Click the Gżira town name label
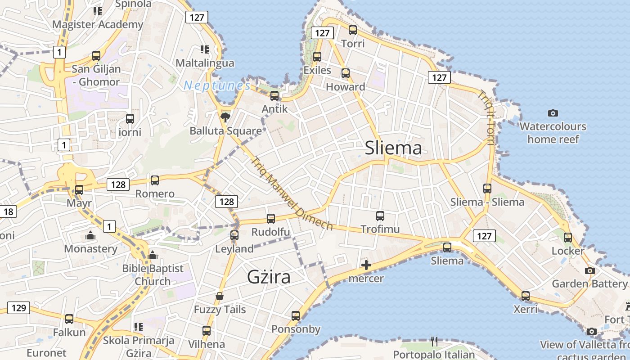(x=268, y=277)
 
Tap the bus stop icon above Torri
(x=353, y=30)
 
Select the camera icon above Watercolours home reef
(x=553, y=113)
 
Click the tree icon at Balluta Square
(x=225, y=118)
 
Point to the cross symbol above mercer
(x=366, y=265)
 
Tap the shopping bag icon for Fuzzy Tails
(x=220, y=296)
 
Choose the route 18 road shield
(x=8, y=211)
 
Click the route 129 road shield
(x=18, y=308)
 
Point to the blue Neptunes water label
(x=217, y=85)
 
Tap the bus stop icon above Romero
(x=155, y=180)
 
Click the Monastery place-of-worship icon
(x=90, y=235)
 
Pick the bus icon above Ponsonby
(x=296, y=315)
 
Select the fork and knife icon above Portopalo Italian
(x=434, y=341)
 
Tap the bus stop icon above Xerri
(x=526, y=296)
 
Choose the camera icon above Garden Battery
(x=589, y=270)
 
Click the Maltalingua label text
(x=205, y=63)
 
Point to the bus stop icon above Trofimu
(x=380, y=216)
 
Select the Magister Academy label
(x=98, y=24)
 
